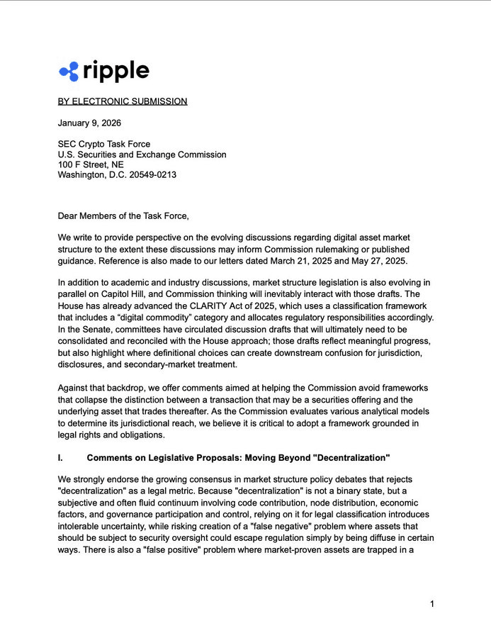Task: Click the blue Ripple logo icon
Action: coord(69,72)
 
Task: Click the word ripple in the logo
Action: coord(116,71)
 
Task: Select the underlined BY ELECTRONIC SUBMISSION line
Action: coord(123,101)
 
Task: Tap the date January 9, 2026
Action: coord(89,123)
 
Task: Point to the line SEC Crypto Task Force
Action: coord(104,144)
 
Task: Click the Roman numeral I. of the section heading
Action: coord(60,458)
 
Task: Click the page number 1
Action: coord(431,603)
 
